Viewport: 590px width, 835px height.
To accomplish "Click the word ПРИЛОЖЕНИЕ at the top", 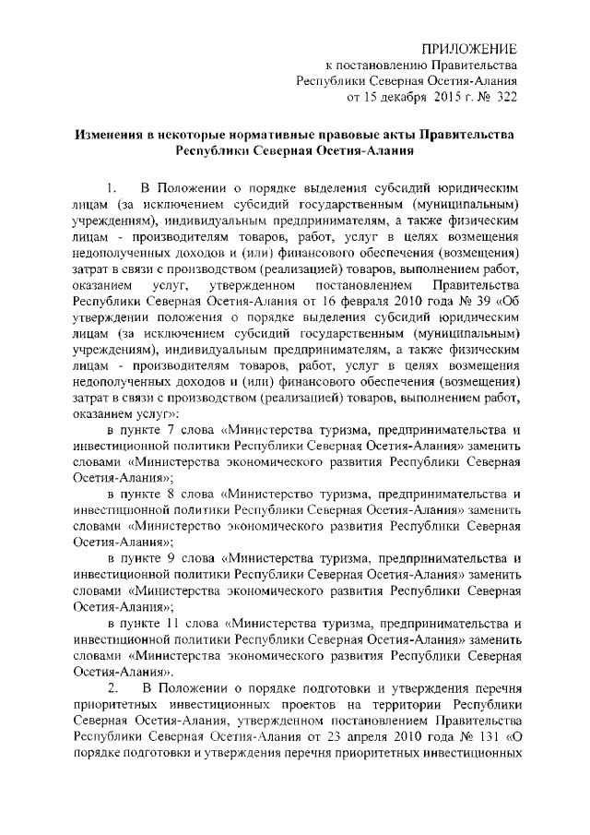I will [x=469, y=47].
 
